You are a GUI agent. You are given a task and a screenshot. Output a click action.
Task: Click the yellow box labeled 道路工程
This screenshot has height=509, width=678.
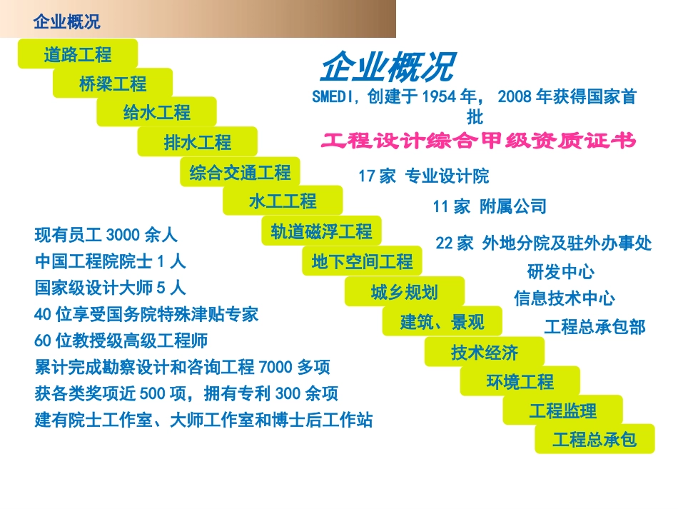tap(77, 54)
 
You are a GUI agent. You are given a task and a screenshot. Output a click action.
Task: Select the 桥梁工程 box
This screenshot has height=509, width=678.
tap(113, 84)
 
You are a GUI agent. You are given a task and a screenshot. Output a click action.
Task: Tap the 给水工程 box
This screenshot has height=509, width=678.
tap(156, 113)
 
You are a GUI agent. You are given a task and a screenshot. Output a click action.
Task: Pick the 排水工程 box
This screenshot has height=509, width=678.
tap(198, 142)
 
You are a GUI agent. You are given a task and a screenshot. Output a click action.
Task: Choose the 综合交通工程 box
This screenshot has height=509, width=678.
tap(240, 172)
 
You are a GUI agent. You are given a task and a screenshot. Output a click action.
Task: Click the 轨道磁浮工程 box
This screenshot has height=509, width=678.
tap(321, 231)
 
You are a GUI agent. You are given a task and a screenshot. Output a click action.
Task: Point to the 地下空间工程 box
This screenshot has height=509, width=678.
tap(362, 262)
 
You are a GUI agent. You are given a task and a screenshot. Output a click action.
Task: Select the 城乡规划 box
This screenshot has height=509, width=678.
tap(404, 292)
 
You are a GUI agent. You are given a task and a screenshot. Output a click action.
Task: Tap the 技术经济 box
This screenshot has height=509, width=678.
tap(485, 352)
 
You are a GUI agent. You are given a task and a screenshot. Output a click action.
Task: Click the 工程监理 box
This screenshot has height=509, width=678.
tap(562, 410)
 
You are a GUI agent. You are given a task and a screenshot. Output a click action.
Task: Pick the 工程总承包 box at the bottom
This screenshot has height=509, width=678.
tap(594, 439)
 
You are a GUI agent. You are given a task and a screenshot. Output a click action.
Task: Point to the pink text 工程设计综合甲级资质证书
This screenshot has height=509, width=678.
tap(478, 141)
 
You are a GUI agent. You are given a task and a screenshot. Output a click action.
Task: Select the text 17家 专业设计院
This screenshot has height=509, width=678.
tap(424, 176)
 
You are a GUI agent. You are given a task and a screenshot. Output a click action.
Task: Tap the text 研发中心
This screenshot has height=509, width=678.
tap(560, 271)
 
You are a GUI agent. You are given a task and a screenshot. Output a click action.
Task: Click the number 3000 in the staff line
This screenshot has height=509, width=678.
tap(123, 234)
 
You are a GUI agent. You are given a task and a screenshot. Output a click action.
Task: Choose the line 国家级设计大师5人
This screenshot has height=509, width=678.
tap(110, 288)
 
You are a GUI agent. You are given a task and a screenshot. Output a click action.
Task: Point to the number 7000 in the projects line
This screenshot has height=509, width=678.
tap(276, 367)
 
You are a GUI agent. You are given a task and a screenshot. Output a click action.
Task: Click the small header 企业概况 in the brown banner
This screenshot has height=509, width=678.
tap(67, 22)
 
